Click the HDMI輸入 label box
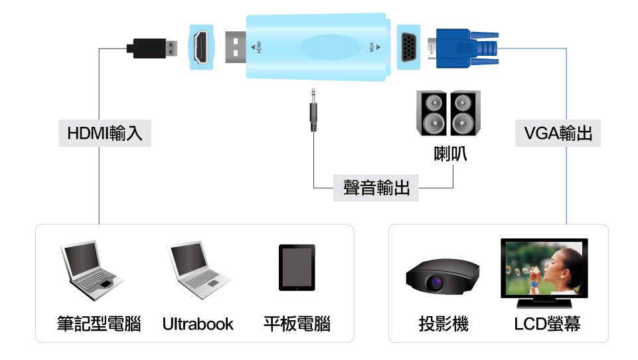coord(105,133)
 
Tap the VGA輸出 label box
coord(558,133)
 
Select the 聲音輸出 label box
coord(376,188)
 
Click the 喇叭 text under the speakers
coord(450,154)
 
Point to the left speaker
coord(432,113)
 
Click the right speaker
coord(465,113)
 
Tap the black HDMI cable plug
coord(152,48)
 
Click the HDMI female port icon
coord(201,47)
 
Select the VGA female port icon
coord(408,47)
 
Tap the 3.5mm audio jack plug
coord(313,110)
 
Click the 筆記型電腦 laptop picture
coord(92,270)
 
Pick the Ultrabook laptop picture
coord(199,270)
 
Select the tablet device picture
coord(297,268)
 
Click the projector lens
coord(436,282)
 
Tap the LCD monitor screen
coord(544,268)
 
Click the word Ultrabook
coord(198,324)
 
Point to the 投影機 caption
coord(443,324)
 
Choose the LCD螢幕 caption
coord(547,324)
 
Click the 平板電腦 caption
coord(297,324)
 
